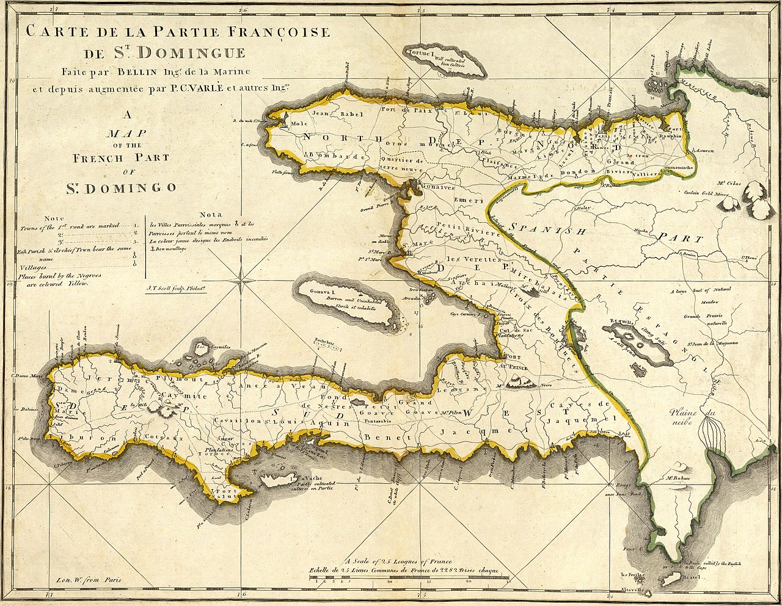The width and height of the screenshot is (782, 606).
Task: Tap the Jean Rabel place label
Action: point(329,114)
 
